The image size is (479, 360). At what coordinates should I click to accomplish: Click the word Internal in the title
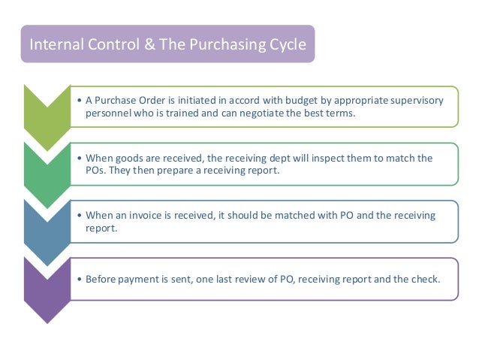(53, 44)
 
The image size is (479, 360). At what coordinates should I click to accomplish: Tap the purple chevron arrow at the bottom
(47, 289)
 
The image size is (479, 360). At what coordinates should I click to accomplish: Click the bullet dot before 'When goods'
(80, 159)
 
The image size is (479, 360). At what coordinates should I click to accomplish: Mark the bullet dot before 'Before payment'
(80, 279)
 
